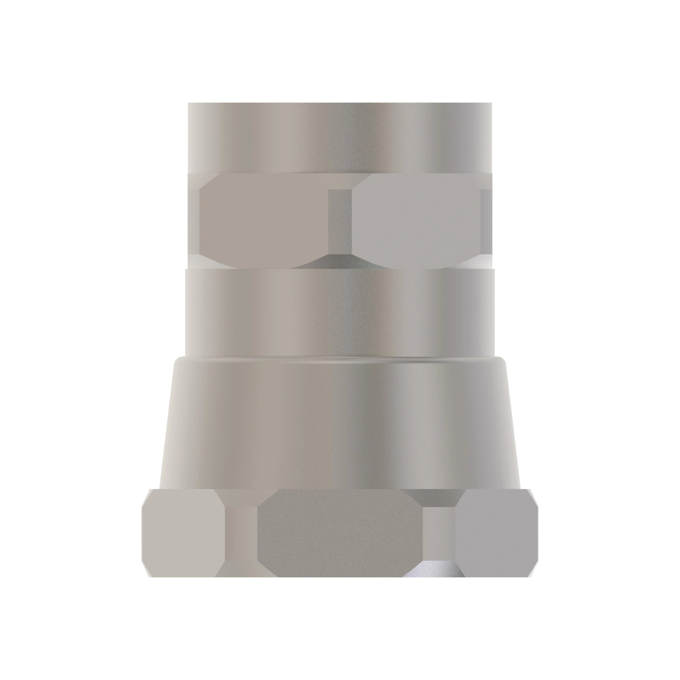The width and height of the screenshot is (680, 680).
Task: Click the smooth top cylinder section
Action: (x=340, y=137)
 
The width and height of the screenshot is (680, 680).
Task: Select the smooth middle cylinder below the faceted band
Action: (x=340, y=313)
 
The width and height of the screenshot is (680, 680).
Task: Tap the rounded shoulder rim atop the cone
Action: (x=340, y=360)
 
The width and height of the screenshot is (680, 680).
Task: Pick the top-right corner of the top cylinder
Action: (x=491, y=103)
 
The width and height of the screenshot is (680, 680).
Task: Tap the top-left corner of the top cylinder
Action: (x=189, y=103)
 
